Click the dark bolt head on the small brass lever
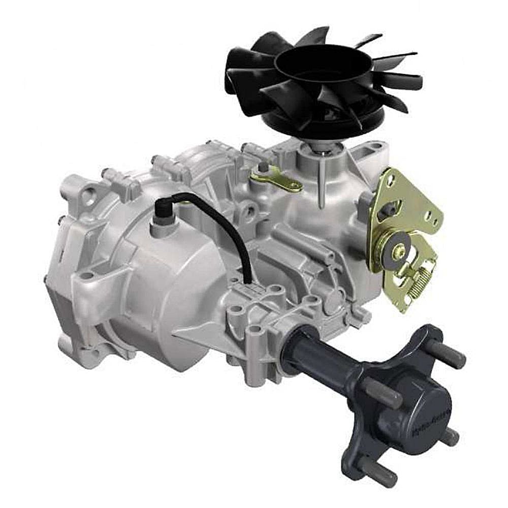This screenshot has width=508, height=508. pyautogui.click(x=263, y=167)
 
